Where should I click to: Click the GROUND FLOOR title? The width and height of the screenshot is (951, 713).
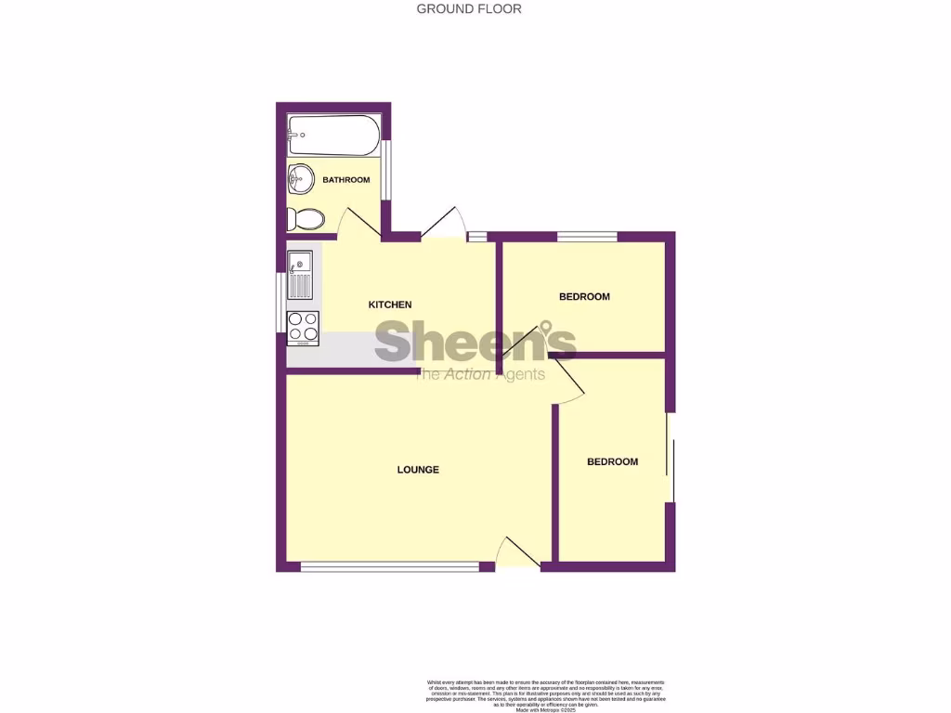pyautogui.click(x=469, y=9)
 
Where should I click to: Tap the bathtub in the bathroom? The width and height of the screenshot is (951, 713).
pyautogui.click(x=333, y=136)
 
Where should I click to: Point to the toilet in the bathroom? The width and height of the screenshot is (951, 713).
pyautogui.click(x=306, y=219)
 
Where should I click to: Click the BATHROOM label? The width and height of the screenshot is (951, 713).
pyautogui.click(x=347, y=180)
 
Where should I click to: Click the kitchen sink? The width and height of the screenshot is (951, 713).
pyautogui.click(x=301, y=274)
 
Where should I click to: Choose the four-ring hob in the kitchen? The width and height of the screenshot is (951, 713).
pyautogui.click(x=303, y=327)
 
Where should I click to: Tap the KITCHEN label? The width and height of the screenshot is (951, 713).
pyautogui.click(x=390, y=305)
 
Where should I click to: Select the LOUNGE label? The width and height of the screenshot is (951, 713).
pyautogui.click(x=418, y=470)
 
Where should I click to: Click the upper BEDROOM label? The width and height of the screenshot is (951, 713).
pyautogui.click(x=584, y=297)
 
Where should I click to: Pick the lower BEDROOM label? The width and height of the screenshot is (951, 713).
pyautogui.click(x=612, y=461)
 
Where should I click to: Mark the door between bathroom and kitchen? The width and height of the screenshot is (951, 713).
pyautogui.click(x=358, y=224)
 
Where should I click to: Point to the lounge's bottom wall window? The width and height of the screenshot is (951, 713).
pyautogui.click(x=390, y=565)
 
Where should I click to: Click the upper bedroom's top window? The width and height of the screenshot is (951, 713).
pyautogui.click(x=587, y=237)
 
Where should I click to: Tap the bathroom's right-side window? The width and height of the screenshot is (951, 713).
pyautogui.click(x=386, y=171)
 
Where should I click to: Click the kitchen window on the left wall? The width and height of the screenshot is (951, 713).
pyautogui.click(x=280, y=302)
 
